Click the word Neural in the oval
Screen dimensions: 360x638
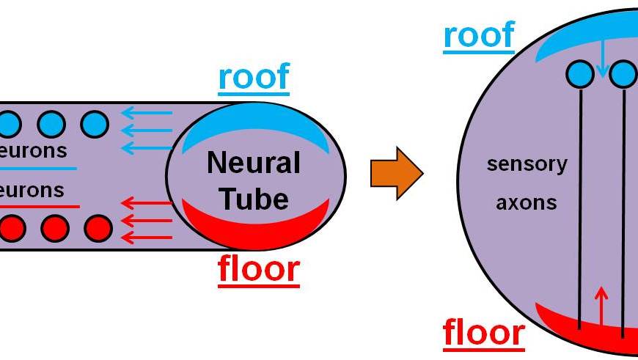click(254, 163)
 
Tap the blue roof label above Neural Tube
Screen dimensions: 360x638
click(254, 77)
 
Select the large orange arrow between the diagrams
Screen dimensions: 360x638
click(396, 174)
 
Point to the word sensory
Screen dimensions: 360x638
click(527, 164)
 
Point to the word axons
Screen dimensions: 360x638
click(526, 202)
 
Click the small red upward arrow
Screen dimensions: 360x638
click(601, 304)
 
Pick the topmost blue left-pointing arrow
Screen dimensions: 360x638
click(147, 113)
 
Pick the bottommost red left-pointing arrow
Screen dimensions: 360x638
click(147, 237)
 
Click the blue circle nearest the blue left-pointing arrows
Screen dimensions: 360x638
click(95, 123)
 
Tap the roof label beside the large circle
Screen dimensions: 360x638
click(478, 34)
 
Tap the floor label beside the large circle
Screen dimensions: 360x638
click(483, 332)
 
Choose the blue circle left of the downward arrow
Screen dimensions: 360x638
click(580, 73)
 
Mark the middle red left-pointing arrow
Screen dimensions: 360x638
click(147, 220)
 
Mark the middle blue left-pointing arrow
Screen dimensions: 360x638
click(147, 131)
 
